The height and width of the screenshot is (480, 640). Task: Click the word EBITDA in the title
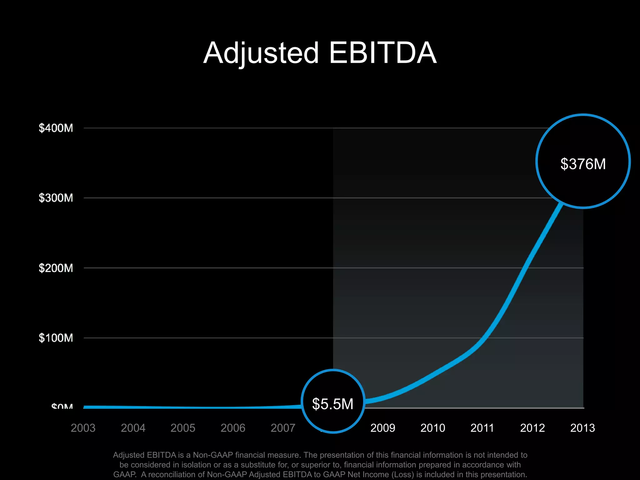[382, 53]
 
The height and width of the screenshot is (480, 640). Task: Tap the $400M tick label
[56, 128]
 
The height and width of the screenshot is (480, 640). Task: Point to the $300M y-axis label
[56, 198]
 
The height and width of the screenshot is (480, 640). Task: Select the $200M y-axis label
[56, 268]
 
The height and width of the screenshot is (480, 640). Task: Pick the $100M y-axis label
[56, 338]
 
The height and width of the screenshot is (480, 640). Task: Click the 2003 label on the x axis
[83, 428]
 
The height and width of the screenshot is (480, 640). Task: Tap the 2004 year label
[133, 428]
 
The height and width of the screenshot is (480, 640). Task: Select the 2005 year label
[183, 428]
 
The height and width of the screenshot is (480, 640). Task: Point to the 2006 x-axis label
[233, 428]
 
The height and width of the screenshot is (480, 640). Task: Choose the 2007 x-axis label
[283, 428]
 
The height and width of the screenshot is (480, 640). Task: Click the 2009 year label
[383, 428]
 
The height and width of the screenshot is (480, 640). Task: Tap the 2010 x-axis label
[433, 428]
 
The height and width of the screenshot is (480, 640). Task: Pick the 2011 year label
[482, 428]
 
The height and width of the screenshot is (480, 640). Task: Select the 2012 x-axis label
[532, 428]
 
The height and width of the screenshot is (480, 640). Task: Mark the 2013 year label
[582, 428]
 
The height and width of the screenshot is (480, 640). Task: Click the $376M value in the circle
[583, 164]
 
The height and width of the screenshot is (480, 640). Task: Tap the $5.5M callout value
[333, 404]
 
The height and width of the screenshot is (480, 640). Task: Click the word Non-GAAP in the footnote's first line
[213, 455]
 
